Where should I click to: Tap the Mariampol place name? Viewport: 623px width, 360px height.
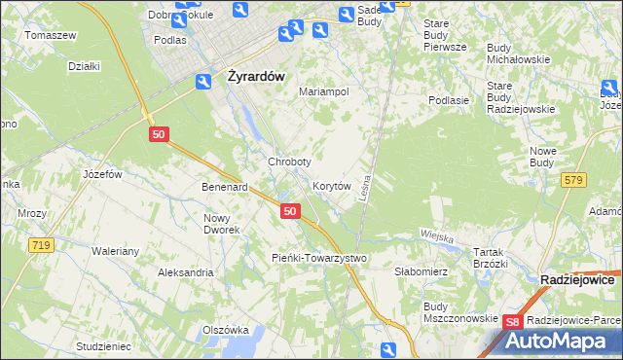point(324,91)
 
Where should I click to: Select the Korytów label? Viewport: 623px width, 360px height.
point(331,185)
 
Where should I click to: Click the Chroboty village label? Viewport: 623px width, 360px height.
point(289,162)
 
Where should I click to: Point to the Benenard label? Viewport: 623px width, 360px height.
point(224,186)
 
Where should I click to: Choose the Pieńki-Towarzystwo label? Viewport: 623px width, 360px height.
point(319,258)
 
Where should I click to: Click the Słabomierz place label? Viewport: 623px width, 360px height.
point(420,272)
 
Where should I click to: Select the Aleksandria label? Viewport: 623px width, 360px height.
point(185,272)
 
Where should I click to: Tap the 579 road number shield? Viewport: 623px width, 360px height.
point(573,179)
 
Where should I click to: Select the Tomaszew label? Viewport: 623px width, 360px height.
point(51,35)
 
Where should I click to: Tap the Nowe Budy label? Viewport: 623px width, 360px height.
point(542,157)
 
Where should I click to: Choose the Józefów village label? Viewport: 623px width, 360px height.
point(102,174)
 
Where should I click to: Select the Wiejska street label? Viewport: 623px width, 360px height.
point(438,234)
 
